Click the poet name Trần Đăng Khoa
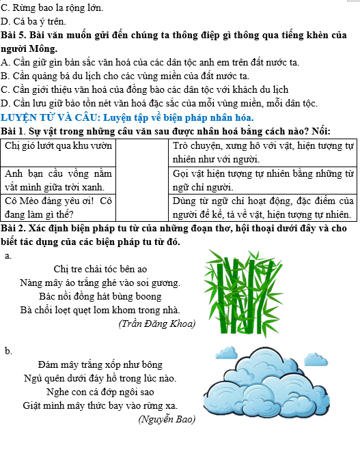click(x=156, y=323)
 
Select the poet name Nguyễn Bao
click(x=167, y=419)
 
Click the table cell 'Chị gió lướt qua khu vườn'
click(x=58, y=146)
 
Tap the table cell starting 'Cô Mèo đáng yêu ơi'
click(x=58, y=207)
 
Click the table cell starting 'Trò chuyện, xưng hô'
click(x=262, y=152)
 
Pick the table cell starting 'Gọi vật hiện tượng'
click(x=262, y=179)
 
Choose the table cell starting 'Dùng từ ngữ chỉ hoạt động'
click(x=262, y=207)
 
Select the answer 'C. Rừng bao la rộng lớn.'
click(x=53, y=8)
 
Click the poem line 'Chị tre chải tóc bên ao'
click(x=100, y=269)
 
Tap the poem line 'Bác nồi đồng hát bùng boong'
click(x=100, y=296)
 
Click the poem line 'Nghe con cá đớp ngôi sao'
click(x=100, y=392)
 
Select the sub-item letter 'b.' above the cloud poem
click(x=8, y=351)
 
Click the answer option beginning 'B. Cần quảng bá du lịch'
click(x=125, y=76)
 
